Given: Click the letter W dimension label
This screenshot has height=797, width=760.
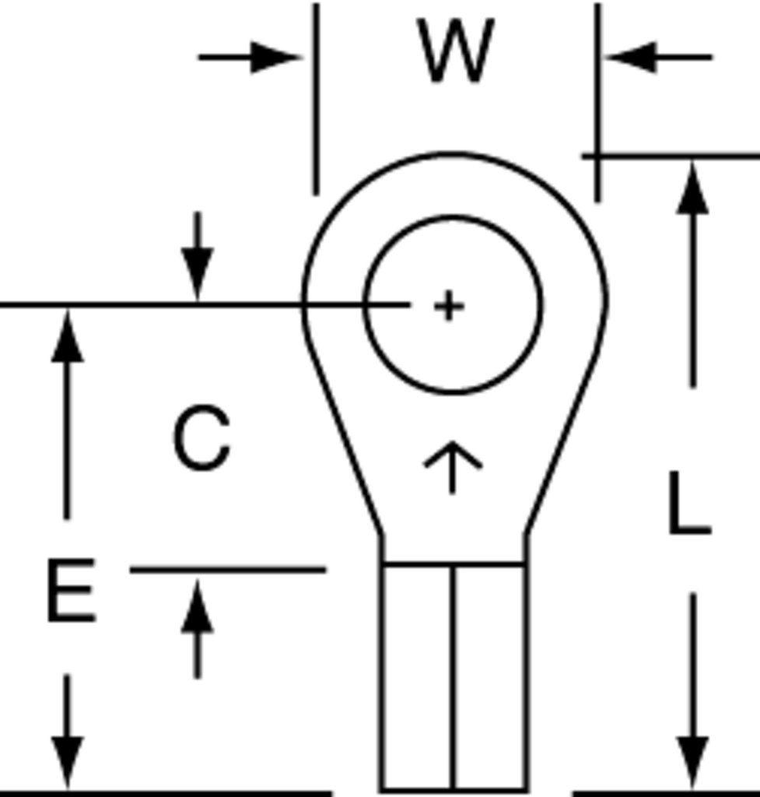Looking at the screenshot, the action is [455, 51].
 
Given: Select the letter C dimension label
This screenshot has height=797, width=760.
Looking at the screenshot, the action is [202, 437].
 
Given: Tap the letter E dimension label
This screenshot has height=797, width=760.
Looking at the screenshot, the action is [71, 590].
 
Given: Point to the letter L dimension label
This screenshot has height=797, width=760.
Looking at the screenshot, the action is [689, 504].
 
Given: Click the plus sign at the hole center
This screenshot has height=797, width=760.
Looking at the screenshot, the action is [449, 306].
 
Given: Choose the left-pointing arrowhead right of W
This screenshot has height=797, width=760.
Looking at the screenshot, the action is [630, 58].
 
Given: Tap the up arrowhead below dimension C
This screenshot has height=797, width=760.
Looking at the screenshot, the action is [198, 606].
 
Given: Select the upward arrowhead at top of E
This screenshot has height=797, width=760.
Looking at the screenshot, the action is [67, 335].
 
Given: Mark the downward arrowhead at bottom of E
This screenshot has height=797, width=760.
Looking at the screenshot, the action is [67, 763].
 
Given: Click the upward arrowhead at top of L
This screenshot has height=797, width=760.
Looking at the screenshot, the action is [692, 187].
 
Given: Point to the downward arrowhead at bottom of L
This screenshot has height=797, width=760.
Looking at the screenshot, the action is [692, 763].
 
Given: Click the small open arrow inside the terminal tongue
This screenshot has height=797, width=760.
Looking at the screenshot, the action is [453, 467].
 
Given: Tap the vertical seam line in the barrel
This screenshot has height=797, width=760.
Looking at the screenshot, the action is [453, 677].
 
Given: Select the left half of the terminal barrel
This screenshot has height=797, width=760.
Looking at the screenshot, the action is [417, 677].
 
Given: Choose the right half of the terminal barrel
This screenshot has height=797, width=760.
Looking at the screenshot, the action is [490, 677].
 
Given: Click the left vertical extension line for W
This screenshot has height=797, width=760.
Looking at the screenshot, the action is [316, 99].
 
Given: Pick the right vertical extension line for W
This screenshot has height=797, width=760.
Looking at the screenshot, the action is [598, 102].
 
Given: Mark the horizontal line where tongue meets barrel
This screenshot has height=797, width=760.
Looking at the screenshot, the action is [454, 564].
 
